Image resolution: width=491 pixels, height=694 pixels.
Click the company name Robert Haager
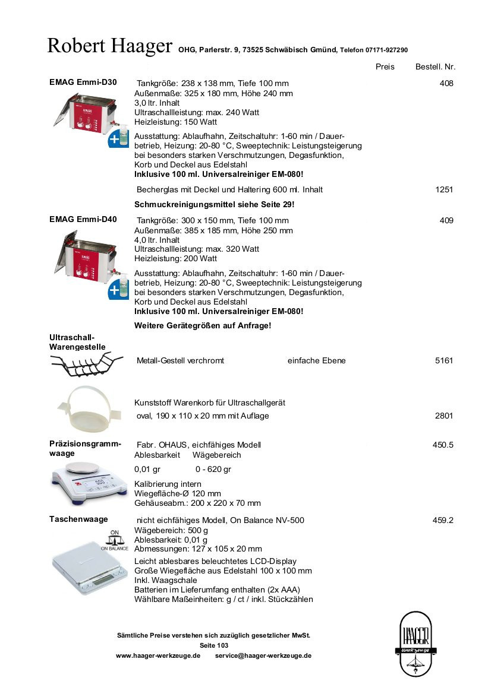110,46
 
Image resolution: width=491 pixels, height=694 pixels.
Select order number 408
446,84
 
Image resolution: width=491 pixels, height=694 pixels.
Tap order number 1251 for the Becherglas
444,190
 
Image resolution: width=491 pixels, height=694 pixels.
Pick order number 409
446,221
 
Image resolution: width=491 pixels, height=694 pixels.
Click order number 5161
444,360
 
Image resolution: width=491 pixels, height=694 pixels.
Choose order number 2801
444,416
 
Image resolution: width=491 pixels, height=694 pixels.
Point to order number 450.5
443,445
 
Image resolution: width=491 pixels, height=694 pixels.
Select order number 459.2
443,520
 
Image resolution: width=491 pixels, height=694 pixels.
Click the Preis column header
385,66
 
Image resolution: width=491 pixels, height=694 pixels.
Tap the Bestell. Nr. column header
435,66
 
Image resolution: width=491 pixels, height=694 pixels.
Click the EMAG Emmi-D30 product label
83,83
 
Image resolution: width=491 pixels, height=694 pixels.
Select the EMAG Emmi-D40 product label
83,219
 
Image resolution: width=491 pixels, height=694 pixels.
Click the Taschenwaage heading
78,519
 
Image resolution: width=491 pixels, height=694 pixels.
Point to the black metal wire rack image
87,365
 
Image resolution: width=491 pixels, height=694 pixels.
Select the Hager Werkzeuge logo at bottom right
416,644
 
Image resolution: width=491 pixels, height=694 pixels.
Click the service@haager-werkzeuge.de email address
263,655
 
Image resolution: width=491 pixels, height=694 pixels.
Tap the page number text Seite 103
214,645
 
